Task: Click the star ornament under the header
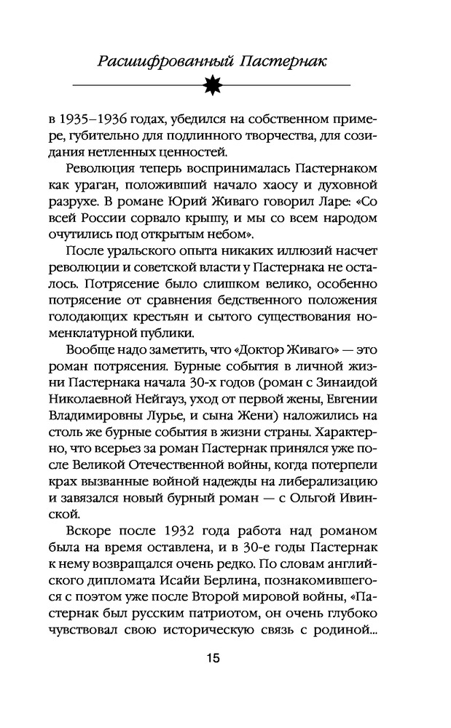click(x=225, y=85)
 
